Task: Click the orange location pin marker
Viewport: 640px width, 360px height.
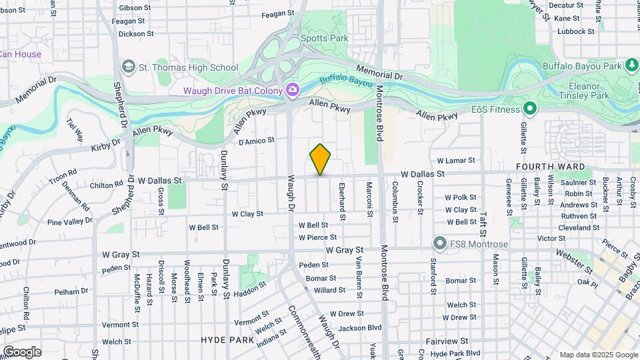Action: point(321,159)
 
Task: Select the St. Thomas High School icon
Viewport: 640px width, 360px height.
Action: point(128,67)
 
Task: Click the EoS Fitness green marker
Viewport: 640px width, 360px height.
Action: point(530,108)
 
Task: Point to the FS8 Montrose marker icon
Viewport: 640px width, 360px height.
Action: point(439,243)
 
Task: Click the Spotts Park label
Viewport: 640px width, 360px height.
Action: point(325,38)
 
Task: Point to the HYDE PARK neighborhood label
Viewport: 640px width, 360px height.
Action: point(227,340)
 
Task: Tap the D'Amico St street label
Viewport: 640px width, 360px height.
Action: point(257,141)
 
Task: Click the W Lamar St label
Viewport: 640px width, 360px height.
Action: point(456,161)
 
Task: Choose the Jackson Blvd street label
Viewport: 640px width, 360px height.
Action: point(359,327)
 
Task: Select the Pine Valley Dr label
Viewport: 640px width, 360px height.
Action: point(69,222)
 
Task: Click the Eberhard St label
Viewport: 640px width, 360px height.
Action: point(342,201)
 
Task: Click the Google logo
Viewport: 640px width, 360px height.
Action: point(22,352)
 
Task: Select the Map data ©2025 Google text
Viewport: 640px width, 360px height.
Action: point(599,355)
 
